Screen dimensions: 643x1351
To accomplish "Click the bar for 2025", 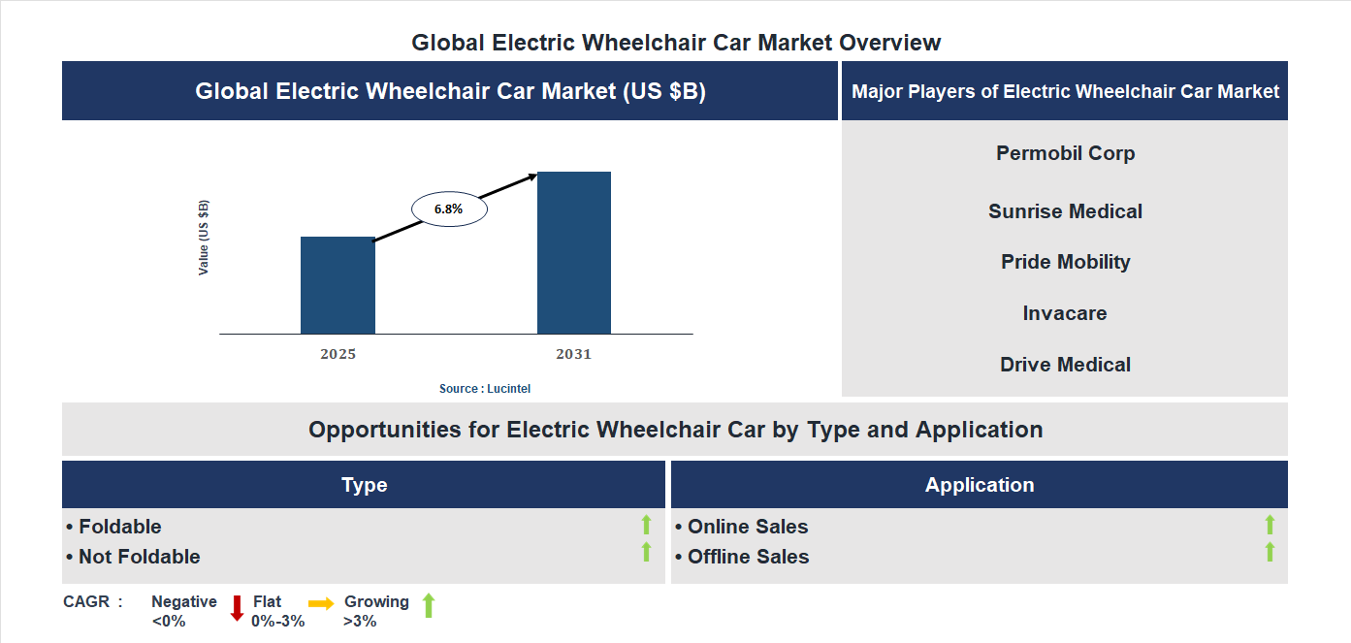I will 338,285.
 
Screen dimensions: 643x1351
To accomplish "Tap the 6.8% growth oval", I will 449,209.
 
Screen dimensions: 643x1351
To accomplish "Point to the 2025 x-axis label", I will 338,354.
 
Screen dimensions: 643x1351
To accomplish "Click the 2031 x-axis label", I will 573,354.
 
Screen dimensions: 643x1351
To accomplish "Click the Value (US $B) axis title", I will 204,238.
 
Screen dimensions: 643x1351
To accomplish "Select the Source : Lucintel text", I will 485,388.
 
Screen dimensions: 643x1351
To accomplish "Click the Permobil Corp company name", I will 1065,153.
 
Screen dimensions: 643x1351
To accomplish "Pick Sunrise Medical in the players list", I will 1065,211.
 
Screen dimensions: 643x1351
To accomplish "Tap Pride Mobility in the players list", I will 1065,262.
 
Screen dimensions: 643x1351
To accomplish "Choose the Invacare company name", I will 1065,313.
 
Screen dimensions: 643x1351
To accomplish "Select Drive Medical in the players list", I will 1065,365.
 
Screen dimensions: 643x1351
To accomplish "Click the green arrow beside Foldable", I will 646,525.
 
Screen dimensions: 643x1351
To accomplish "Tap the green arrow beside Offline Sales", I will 1270,552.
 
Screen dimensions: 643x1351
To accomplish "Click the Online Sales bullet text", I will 747,527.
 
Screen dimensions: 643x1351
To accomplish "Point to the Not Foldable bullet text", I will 139,557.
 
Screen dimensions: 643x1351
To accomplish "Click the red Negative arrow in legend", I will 237,608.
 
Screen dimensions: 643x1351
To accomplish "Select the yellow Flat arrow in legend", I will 321,603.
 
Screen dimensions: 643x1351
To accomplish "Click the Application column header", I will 979,485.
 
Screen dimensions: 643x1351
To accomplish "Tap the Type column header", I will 364,485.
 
